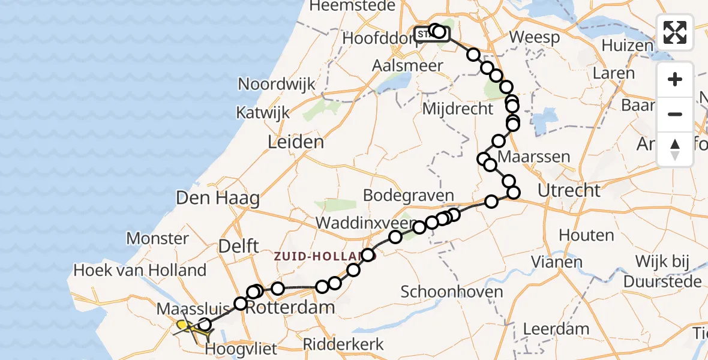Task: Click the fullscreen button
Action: pyautogui.click(x=675, y=32)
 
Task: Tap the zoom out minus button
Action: pyautogui.click(x=675, y=114)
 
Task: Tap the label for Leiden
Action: pyautogui.click(x=296, y=143)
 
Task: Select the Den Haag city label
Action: pyautogui.click(x=217, y=199)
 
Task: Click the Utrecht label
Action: pyautogui.click(x=569, y=191)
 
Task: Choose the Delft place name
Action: pyautogui.click(x=239, y=245)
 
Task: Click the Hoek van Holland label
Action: pyautogui.click(x=140, y=270)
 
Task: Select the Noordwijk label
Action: pyautogui.click(x=277, y=84)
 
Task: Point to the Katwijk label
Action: pyautogui.click(x=262, y=113)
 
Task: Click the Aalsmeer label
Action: pyautogui.click(x=407, y=66)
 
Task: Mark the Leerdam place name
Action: pyautogui.click(x=556, y=329)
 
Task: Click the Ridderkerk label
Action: pyautogui.click(x=343, y=344)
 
